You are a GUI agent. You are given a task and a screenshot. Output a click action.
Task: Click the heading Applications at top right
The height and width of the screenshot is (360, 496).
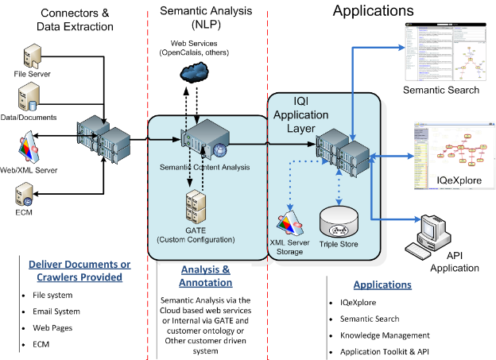[x=373, y=11]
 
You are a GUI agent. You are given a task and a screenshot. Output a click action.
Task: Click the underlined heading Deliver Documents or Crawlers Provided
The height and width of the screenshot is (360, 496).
[x=69, y=271]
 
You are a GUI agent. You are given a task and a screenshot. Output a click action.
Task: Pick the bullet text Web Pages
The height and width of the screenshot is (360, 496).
[x=55, y=328]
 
